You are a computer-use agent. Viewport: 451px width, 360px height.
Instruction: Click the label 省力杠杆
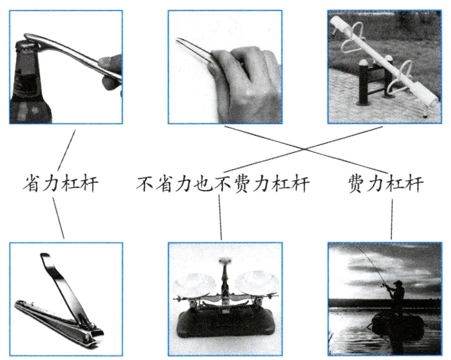pyautogui.click(x=61, y=183)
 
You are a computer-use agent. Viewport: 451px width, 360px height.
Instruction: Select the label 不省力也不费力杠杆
pyautogui.click(x=222, y=184)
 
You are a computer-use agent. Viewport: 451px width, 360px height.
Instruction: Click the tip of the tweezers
pyautogui.click(x=178, y=40)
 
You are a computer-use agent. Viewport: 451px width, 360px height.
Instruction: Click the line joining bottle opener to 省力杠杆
pyautogui.click(x=67, y=150)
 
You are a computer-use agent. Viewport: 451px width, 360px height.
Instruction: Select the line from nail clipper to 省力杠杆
pyautogui.click(x=59, y=218)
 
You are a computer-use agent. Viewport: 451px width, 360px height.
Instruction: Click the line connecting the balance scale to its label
pyautogui.click(x=220, y=217)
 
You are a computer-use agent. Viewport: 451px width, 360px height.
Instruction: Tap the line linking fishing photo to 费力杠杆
pyautogui.click(x=392, y=220)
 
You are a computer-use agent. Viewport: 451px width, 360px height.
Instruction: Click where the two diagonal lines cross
pyautogui.click(x=305, y=149)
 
